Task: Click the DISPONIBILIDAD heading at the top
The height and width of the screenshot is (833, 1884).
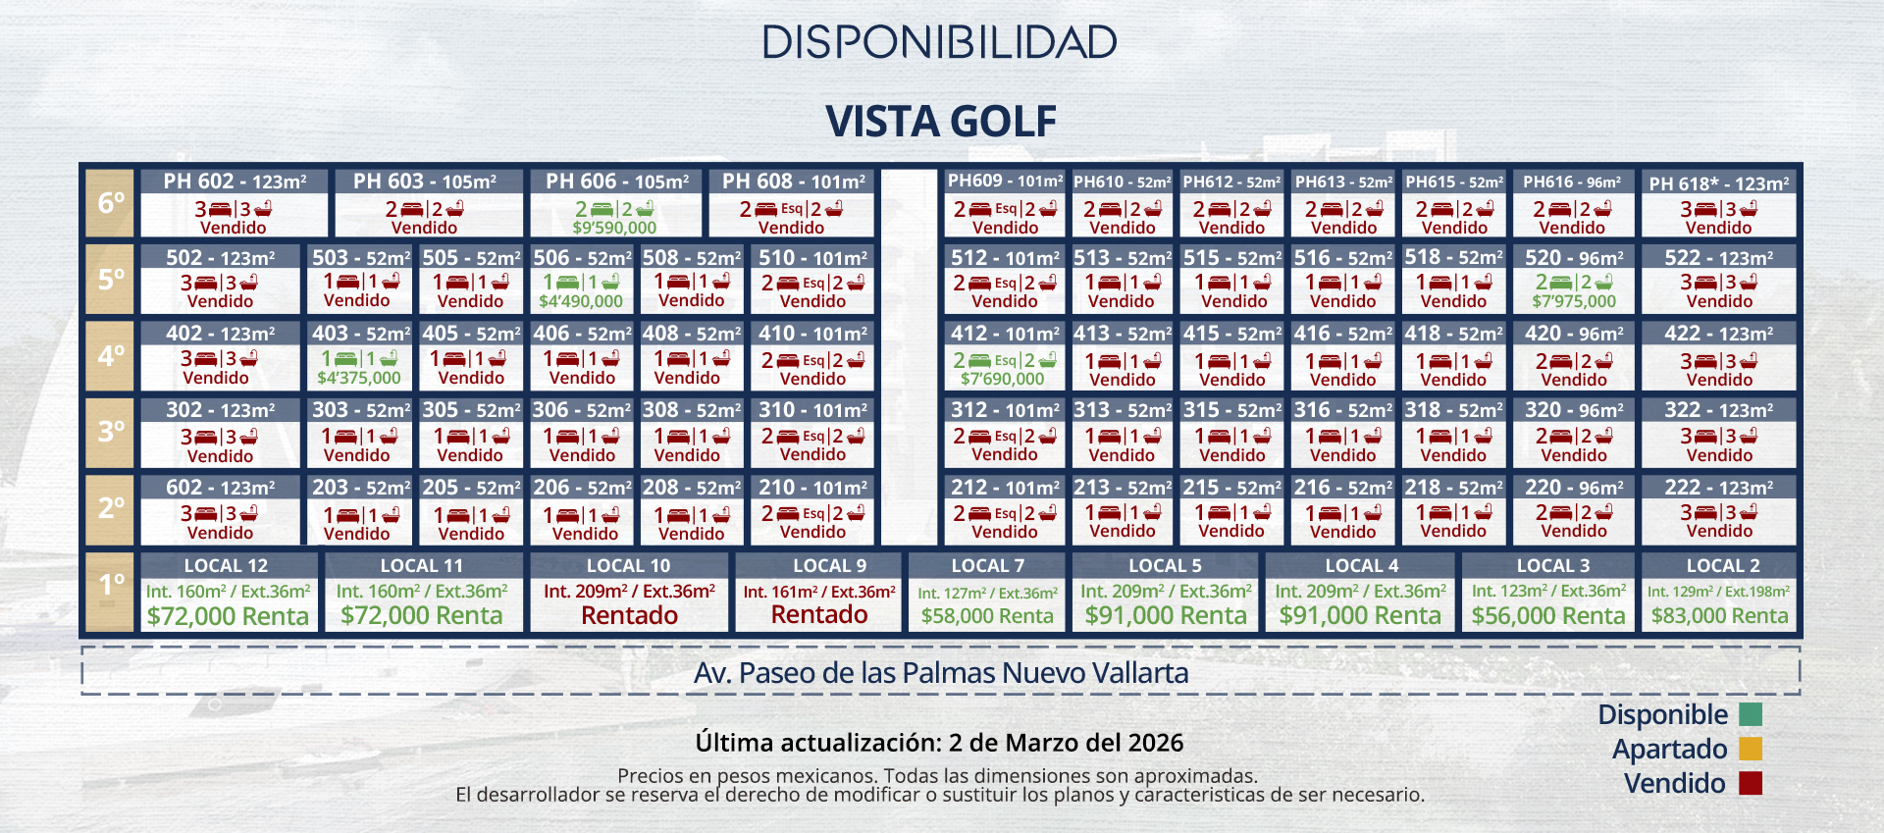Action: (940, 42)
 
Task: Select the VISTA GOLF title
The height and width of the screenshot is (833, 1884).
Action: (940, 122)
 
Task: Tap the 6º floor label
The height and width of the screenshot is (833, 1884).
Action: (111, 203)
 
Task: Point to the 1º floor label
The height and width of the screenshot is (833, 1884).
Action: (111, 585)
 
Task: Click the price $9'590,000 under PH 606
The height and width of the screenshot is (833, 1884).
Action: (614, 228)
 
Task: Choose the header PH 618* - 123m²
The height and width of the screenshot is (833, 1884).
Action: (1718, 183)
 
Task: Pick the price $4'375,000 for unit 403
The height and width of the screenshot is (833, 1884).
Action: (359, 378)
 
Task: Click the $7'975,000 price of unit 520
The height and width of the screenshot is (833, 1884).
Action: (1574, 301)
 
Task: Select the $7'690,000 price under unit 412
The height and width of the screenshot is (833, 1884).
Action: (1003, 379)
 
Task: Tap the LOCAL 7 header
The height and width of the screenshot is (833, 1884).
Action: (987, 566)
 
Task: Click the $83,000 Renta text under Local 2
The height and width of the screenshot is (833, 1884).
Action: (1719, 616)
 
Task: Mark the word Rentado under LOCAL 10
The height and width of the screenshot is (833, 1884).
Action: (629, 616)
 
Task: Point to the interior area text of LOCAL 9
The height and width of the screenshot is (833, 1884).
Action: (818, 592)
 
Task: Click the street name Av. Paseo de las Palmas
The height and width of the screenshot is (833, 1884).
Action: (940, 673)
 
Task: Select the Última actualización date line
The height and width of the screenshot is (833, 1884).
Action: (939, 743)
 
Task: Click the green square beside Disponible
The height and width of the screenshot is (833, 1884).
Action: (1751, 714)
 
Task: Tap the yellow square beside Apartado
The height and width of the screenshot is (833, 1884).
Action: (1751, 749)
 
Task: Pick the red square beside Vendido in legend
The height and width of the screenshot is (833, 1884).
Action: (1751, 783)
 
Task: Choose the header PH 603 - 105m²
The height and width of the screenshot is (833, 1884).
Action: (425, 182)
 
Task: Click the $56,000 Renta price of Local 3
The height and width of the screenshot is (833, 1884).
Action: (1548, 616)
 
